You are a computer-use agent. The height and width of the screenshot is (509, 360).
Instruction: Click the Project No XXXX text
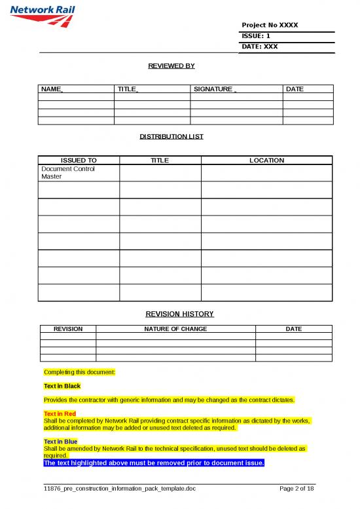[270, 25]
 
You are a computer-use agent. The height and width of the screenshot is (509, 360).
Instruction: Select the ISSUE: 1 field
[256, 35]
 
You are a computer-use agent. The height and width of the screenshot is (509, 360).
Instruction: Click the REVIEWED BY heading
[172, 66]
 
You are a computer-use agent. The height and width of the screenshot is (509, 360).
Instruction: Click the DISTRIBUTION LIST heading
[171, 136]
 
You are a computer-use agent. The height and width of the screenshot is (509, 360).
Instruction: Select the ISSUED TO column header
[79, 160]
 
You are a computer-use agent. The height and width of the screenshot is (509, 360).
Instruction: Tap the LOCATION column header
[266, 160]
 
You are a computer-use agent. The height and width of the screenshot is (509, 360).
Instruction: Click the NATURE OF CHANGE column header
[175, 329]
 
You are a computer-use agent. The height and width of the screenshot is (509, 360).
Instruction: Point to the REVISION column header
[68, 329]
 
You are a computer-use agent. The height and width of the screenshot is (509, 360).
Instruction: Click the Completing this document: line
[79, 372]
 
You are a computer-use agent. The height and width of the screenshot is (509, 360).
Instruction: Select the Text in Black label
[62, 386]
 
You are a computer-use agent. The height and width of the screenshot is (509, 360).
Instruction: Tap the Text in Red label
[60, 414]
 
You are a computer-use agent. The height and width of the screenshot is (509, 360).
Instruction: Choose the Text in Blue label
[60, 442]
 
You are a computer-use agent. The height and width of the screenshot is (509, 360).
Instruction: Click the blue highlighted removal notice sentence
[154, 462]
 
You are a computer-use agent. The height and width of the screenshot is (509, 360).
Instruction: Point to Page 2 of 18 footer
[297, 489]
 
